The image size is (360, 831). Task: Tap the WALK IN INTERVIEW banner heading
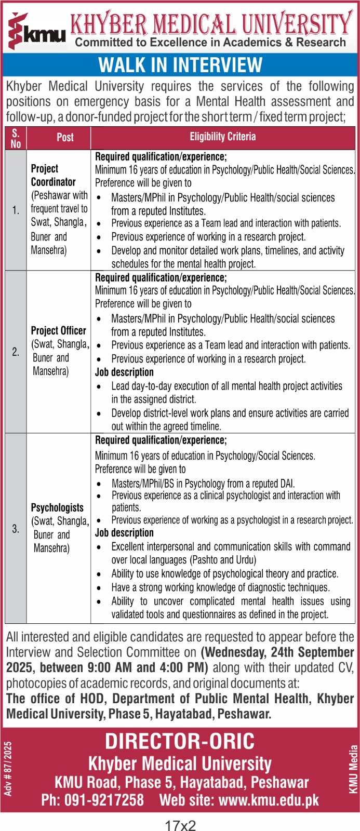pos(180,65)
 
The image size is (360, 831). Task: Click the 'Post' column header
pos(65,138)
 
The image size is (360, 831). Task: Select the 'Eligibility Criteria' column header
pos(222,137)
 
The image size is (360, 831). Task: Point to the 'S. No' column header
pos(16,138)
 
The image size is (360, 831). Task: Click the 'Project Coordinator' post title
pos(53,176)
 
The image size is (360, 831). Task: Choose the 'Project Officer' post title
pos(58,330)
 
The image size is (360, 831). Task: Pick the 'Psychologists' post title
pos(57,507)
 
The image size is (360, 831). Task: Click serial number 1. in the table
pos(16,210)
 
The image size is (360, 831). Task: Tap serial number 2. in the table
pos(16,352)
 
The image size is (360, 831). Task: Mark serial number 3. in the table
pos(16,529)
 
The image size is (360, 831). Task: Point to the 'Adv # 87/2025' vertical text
pos(8,769)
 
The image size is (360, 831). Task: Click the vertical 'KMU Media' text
pos(353,770)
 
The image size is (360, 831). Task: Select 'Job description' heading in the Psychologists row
pos(124,533)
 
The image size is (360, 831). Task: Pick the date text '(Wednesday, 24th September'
pos(277,652)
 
